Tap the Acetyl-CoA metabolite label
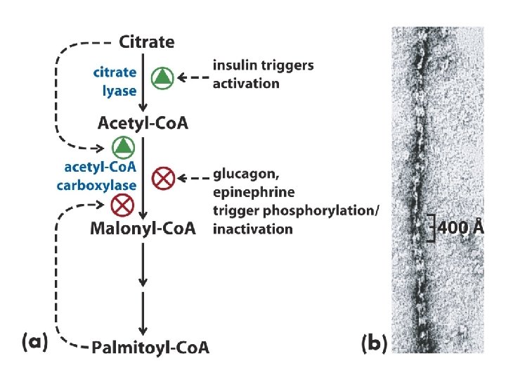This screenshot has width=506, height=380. [143, 124]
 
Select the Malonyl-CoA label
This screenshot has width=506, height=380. [143, 228]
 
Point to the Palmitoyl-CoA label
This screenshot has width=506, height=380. [150, 347]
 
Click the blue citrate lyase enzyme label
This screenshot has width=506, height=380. [115, 81]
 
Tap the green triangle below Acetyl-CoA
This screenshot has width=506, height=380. [124, 146]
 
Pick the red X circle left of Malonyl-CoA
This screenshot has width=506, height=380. [124, 205]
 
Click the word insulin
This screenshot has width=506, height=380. [234, 65]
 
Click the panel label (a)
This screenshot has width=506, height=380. [34, 343]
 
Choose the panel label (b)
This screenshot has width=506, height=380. [374, 344]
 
